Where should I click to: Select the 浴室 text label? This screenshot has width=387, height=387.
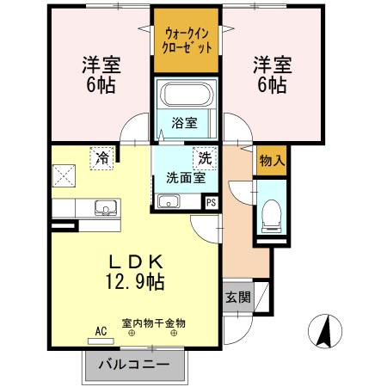point(184,122)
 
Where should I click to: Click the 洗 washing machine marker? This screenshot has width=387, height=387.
point(205,157)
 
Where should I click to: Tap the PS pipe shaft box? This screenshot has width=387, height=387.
point(211,202)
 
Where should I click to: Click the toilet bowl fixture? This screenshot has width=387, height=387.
point(271,213)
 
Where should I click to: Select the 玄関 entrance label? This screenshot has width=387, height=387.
point(238,298)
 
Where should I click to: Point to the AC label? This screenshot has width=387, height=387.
point(100,330)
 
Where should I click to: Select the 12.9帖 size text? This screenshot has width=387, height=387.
point(136,279)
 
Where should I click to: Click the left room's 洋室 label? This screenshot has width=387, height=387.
point(100,64)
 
